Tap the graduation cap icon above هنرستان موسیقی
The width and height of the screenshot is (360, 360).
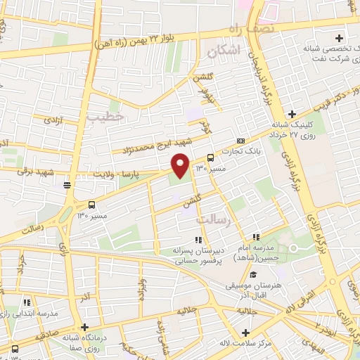(x=252, y=275)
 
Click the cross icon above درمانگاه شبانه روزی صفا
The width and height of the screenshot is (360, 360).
(x=85, y=327)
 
